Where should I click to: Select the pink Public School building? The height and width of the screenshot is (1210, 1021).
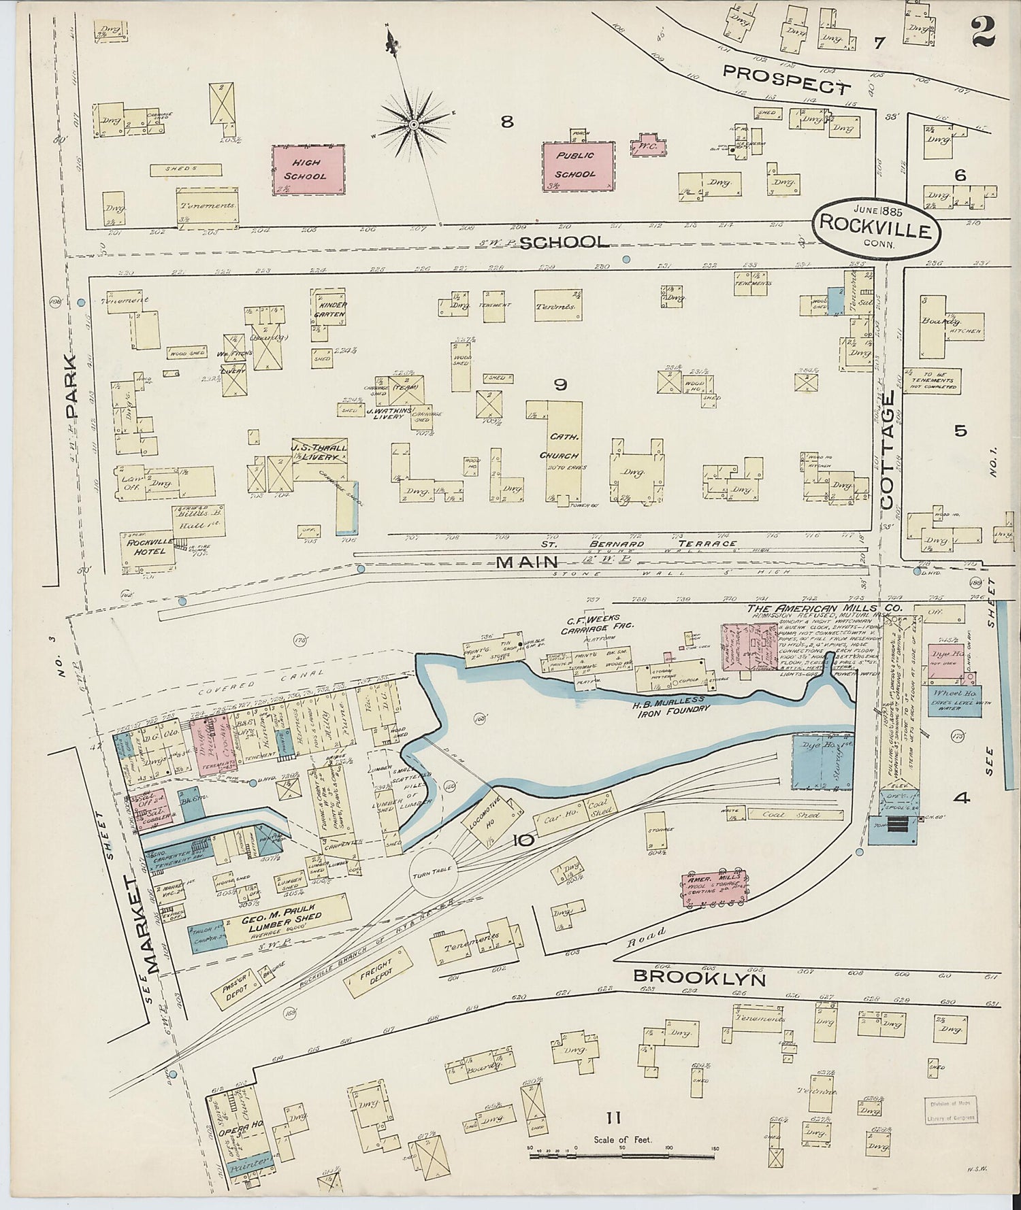point(577,165)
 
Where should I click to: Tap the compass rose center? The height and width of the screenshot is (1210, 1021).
point(412,125)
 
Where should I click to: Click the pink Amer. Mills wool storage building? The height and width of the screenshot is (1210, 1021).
point(715,888)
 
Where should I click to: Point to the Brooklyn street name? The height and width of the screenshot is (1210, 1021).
point(699,977)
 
